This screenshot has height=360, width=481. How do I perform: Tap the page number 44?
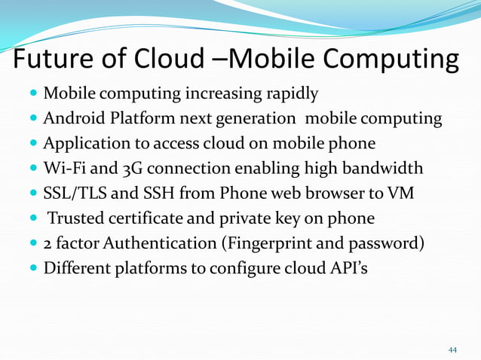pos(452,350)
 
